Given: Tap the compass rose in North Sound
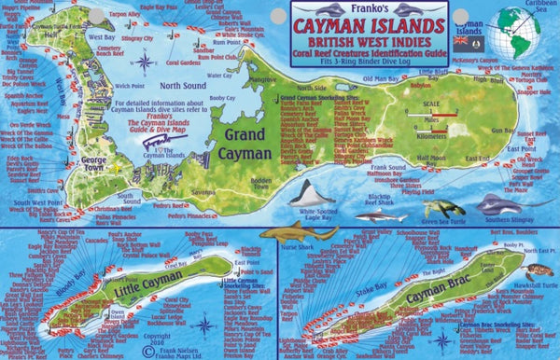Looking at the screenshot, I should pos(144,62).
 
